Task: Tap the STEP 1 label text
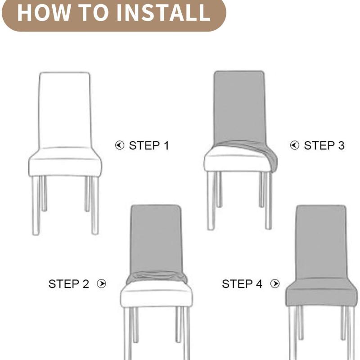click(x=149, y=145)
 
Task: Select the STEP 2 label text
click(x=69, y=284)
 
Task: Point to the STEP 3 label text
click(x=324, y=145)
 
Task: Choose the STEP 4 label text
click(x=242, y=284)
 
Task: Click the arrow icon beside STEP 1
click(x=119, y=145)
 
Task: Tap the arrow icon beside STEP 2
click(x=102, y=284)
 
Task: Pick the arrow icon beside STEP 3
click(x=294, y=145)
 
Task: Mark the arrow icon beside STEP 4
click(x=275, y=284)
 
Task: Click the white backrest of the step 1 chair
click(x=65, y=108)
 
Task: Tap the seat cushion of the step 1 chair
click(x=65, y=164)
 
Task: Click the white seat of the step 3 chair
click(x=236, y=162)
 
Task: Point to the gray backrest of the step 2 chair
click(x=156, y=238)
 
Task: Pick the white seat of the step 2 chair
click(x=156, y=297)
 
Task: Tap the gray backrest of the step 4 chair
click(x=321, y=241)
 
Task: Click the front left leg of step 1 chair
click(x=36, y=205)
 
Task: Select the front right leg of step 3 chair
click(x=268, y=200)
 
